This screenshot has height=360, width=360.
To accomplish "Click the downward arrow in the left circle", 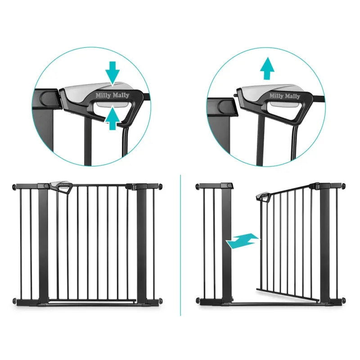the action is pyautogui.click(x=112, y=73).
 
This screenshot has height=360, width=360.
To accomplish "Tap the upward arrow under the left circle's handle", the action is pyautogui.click(x=112, y=118).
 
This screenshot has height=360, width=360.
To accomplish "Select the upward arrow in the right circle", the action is pyautogui.click(x=267, y=68).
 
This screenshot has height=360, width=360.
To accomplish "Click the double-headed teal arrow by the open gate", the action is pyautogui.click(x=243, y=241).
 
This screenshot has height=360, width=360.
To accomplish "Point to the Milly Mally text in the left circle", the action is pyautogui.click(x=112, y=95).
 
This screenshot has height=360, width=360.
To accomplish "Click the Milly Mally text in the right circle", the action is pyautogui.click(x=285, y=96).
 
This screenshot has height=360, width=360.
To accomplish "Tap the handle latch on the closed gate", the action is pyautogui.click(x=61, y=186).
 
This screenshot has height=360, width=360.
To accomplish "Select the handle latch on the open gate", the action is pyautogui.click(x=264, y=197).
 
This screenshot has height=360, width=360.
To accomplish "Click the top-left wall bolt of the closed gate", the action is pyautogui.click(x=14, y=187).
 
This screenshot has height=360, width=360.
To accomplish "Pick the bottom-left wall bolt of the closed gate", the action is pyautogui.click(x=14, y=301).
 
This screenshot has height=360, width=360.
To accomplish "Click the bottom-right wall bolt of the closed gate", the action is pyautogui.click(x=161, y=300).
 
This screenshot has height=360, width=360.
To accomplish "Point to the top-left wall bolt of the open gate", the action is pyautogui.click(x=198, y=186).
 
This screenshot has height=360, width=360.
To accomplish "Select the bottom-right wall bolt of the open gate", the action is pyautogui.click(x=344, y=300).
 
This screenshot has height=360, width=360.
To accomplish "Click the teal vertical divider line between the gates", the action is pyautogui.click(x=180, y=245).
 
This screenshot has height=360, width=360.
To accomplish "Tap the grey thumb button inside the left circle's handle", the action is pyautogui.click(x=112, y=104).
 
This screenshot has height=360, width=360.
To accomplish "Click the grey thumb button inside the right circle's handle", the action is pyautogui.click(x=285, y=104).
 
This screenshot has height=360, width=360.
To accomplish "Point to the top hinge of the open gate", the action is pyautogui.click(x=317, y=186).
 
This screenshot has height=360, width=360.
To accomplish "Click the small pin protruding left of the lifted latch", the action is pyautogui.click(x=235, y=95).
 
